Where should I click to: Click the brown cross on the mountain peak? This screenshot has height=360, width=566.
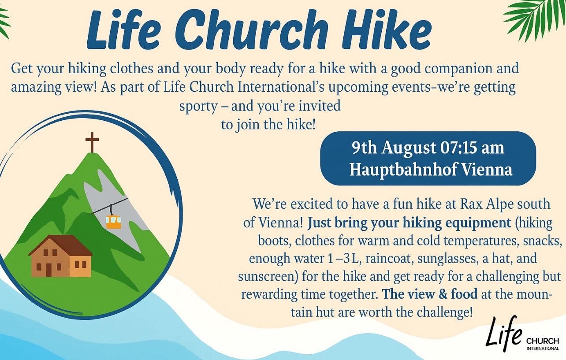[x=92, y=141]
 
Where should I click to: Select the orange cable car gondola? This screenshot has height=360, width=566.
[x=113, y=222]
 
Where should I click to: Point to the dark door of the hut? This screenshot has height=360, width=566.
[x=48, y=268]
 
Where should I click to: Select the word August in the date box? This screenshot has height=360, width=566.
[x=407, y=148]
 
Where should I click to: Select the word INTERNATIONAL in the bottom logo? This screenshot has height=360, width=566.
[x=543, y=349]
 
